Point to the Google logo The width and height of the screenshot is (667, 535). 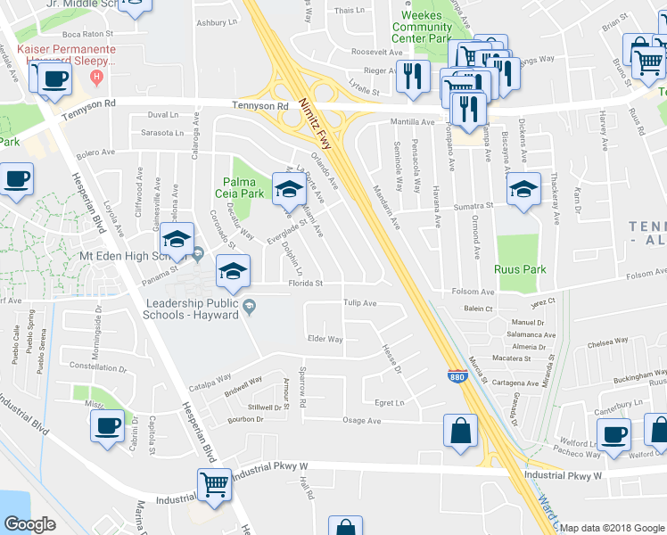point(29,523)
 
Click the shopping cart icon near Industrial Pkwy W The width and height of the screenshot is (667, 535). point(215,486)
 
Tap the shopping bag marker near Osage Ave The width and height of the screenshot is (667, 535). point(461,431)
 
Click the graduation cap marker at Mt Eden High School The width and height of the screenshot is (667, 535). point(177,239)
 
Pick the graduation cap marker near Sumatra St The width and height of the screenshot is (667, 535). point(523,188)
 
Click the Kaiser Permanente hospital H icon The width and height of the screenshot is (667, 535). point(98,78)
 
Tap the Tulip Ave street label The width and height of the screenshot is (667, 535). point(361,302)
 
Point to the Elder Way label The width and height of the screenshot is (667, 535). point(325,339)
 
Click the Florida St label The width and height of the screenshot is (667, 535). point(304,284)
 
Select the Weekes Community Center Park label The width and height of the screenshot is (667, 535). point(422,28)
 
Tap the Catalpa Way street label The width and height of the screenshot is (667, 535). point(210,387)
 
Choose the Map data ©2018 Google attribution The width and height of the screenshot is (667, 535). point(612,528)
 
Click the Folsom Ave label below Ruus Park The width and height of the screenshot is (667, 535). point(474,292)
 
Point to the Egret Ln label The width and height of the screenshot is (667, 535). point(389,403)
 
